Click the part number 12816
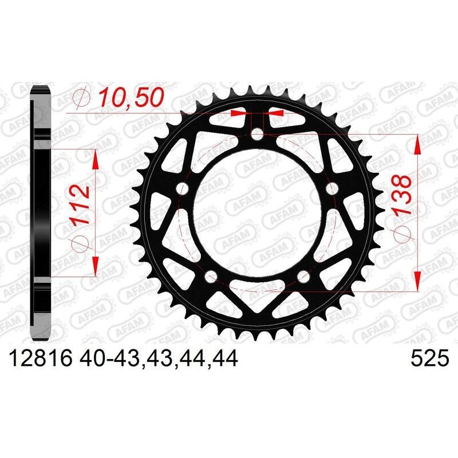[38, 359]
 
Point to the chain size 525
[429, 359]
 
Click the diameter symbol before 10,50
[81, 98]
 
